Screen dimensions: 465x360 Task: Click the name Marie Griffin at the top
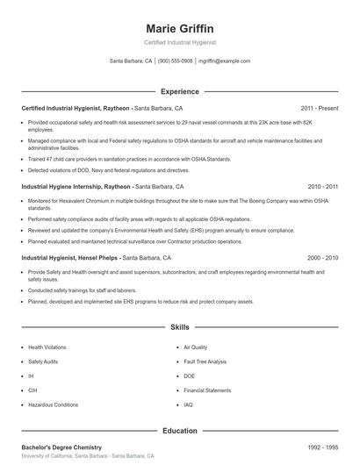point(180,28)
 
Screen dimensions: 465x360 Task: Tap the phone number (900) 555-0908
point(175,61)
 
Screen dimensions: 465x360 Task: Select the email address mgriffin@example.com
point(225,61)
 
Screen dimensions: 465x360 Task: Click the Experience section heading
point(180,91)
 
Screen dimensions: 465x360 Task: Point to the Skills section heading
point(180,327)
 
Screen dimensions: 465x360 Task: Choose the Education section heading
point(180,431)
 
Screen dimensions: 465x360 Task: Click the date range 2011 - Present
point(319,108)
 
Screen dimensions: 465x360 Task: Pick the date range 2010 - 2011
point(323,187)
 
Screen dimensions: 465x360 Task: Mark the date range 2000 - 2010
point(323,258)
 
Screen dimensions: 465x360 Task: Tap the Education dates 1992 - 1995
point(323,447)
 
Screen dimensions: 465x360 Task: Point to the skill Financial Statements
point(207,390)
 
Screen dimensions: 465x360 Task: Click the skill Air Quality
point(196,347)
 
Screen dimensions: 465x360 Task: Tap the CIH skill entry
point(33,390)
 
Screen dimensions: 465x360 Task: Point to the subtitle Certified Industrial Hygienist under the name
point(180,42)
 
